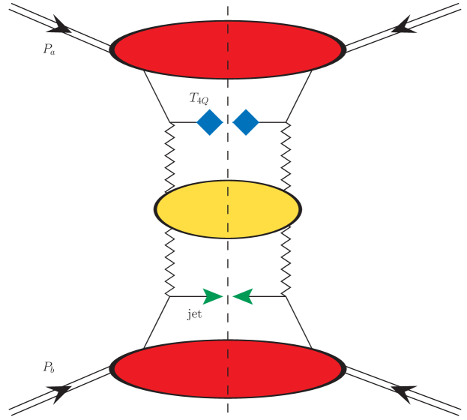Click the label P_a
coord(49,50)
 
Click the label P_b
coord(48,367)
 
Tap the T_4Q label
coord(199,98)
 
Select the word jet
coord(194,315)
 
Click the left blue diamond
coord(209,121)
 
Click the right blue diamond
coord(246,121)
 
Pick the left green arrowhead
coord(212,296)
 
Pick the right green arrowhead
coord(243,296)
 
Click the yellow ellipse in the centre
coord(228,208)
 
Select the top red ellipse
coord(228,49)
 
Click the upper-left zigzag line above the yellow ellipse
coord(170,153)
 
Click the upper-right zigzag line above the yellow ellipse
coord(286,153)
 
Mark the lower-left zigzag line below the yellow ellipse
coord(170,262)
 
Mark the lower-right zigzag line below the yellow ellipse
coord(286,262)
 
